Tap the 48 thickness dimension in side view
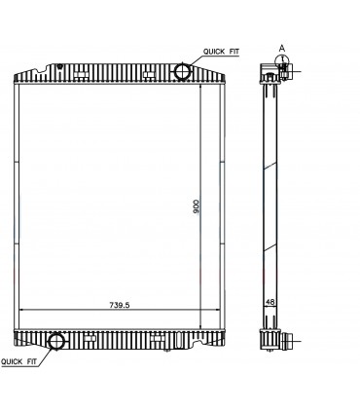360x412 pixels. point(270,303)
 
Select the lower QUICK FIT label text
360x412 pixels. point(19,360)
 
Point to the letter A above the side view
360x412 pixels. point(281,45)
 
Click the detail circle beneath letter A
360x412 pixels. point(282,61)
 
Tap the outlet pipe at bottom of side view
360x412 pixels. point(287,342)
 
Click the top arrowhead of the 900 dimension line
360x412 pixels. point(200,88)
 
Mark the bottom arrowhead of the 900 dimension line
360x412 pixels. point(200,327)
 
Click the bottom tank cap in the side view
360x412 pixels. point(270,340)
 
